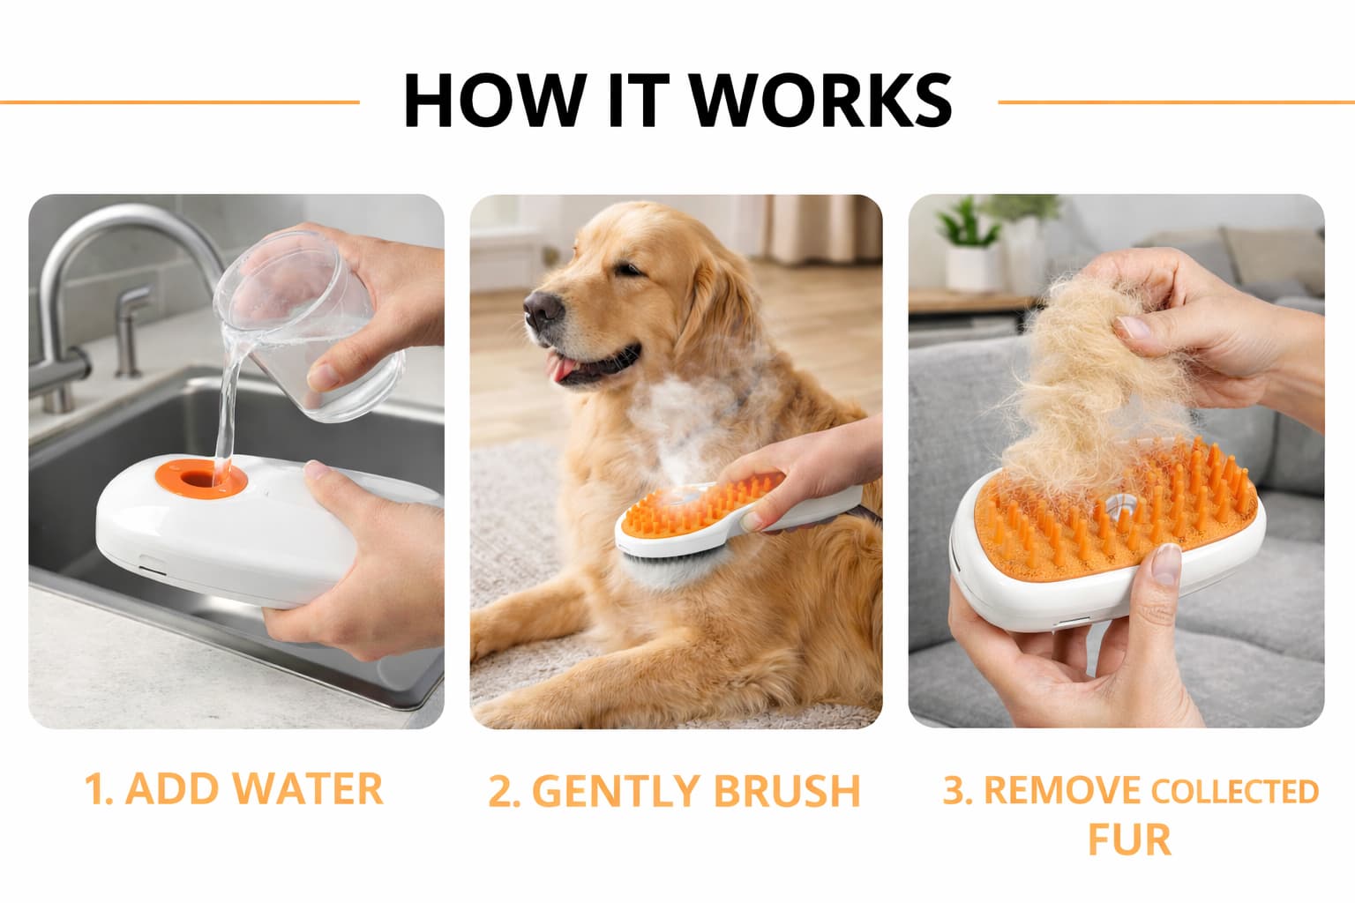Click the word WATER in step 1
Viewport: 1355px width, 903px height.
[x=307, y=788]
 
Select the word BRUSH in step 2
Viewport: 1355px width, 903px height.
[x=786, y=790]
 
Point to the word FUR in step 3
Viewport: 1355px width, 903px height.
[x=1129, y=840]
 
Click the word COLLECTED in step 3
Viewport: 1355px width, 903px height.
[x=1234, y=792]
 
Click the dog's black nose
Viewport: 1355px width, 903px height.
[x=542, y=309]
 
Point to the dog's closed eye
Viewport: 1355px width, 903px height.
[x=628, y=268]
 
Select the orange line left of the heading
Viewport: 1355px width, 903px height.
[x=180, y=102]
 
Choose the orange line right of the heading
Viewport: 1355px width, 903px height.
[x=1176, y=102]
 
